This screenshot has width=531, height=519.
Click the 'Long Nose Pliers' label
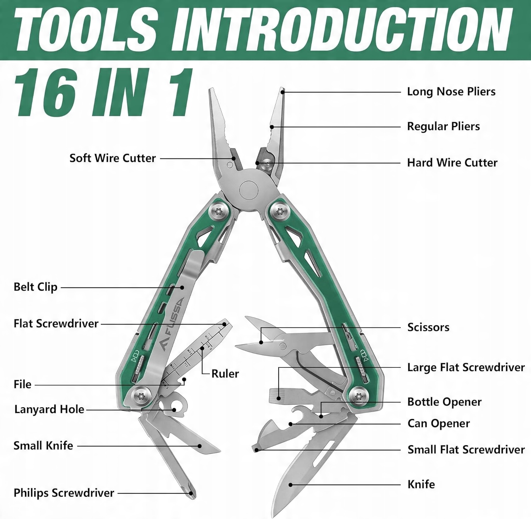coord(451,92)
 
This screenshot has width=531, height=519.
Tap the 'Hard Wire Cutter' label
coord(452,163)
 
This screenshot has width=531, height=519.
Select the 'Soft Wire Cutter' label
coord(112,158)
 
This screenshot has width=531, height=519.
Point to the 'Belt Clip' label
coord(35,287)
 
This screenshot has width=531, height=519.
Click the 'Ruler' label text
coord(225,374)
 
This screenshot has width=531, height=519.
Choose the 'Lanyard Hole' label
coord(49,410)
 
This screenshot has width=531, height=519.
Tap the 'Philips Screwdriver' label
coord(64,493)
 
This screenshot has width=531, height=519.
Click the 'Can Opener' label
coord(439,423)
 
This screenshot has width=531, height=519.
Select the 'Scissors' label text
coord(428,327)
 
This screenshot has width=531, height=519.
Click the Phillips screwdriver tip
coord(191,493)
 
